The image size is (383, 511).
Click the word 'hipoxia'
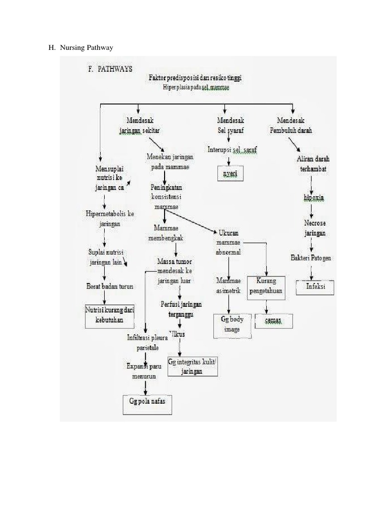click(313, 198)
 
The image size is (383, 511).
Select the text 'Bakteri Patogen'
click(311, 258)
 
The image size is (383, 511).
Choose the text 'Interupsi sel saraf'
click(231, 149)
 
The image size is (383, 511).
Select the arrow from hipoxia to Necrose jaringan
click(312, 209)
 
